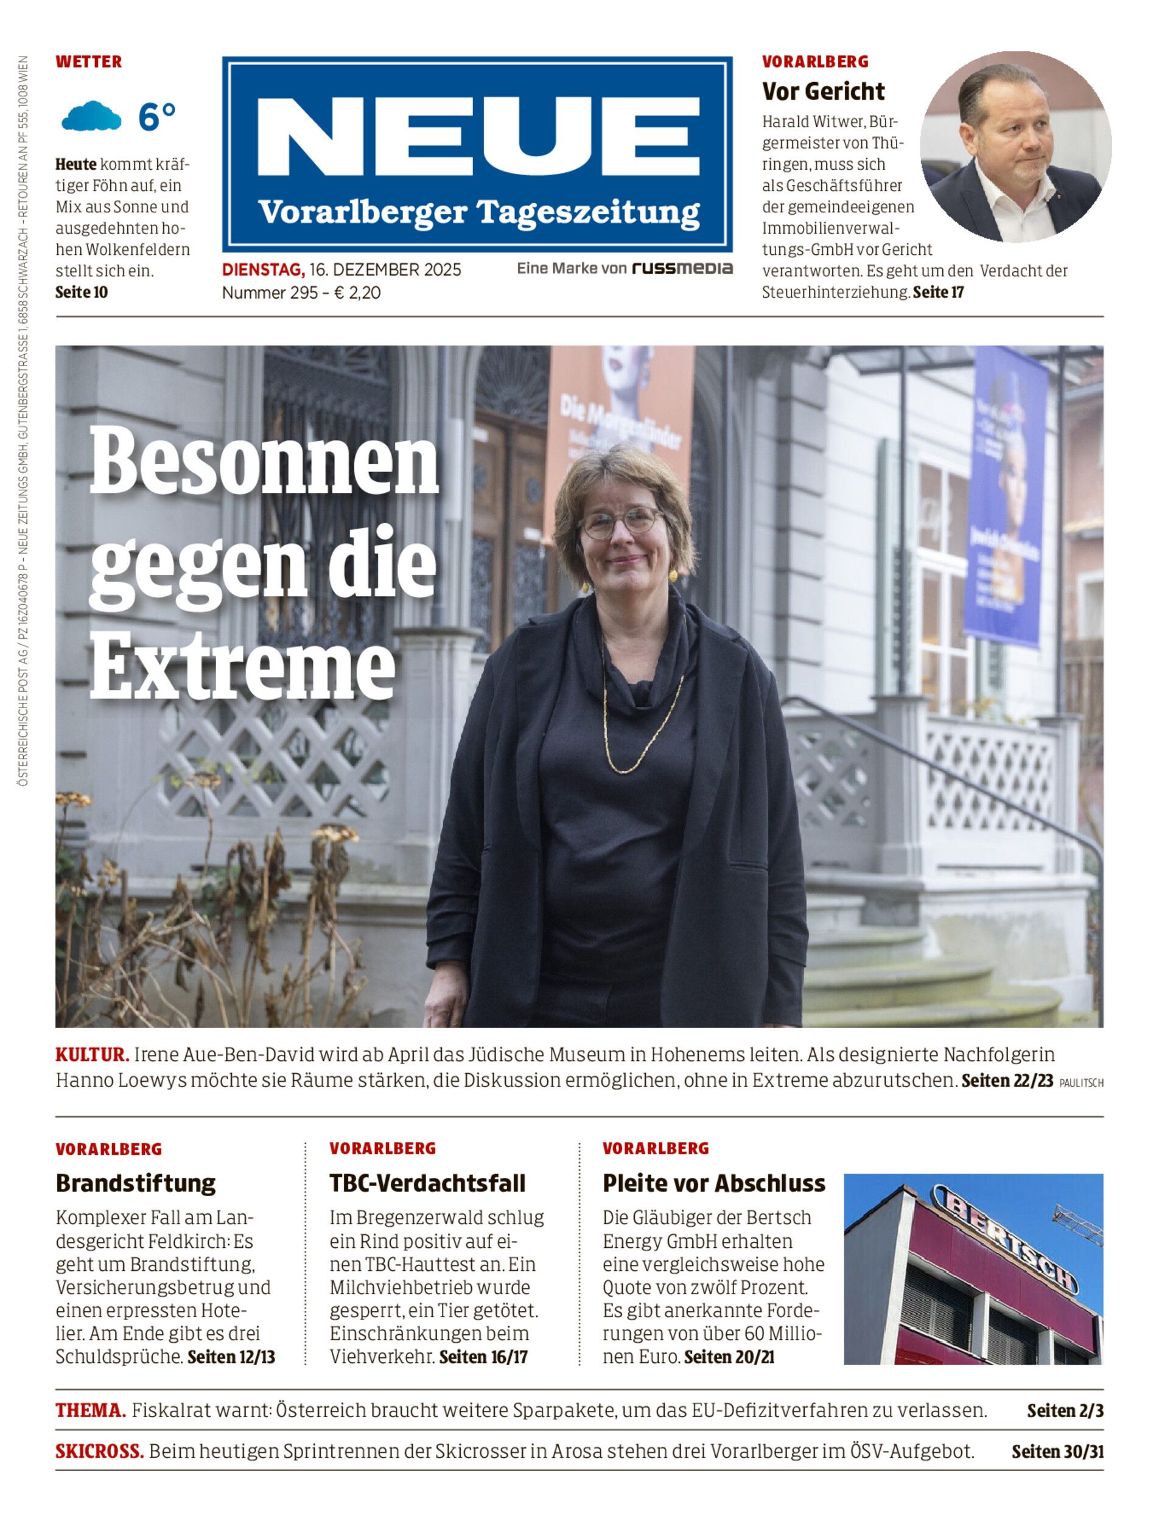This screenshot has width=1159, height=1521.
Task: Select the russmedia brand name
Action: tap(682, 268)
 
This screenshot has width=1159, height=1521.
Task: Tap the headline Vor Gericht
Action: tap(823, 91)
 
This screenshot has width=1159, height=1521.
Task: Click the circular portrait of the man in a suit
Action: tap(1015, 147)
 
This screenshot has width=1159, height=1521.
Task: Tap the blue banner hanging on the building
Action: tap(1008, 496)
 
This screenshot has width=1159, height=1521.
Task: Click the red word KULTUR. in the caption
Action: tap(92, 1054)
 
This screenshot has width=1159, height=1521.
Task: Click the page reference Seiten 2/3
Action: tap(1065, 1411)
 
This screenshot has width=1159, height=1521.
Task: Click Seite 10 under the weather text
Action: tap(82, 293)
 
